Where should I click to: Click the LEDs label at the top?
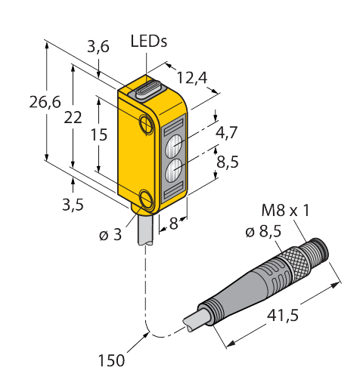click(149, 42)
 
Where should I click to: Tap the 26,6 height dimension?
click(45, 102)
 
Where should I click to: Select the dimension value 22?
click(73, 117)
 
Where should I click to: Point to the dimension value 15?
click(98, 134)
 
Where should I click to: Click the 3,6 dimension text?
click(98, 47)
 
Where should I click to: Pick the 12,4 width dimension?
click(192, 77)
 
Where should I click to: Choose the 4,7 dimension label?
click(226, 132)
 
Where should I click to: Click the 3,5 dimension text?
click(73, 205)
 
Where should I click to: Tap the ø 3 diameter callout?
click(110, 235)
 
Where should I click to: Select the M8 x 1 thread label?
click(285, 210)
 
